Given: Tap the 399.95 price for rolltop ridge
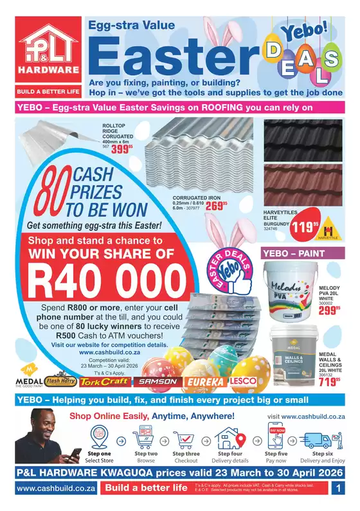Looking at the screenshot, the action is click(122, 149).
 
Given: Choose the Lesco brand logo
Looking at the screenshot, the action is click(242, 381).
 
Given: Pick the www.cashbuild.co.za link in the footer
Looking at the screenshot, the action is click(48, 489).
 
